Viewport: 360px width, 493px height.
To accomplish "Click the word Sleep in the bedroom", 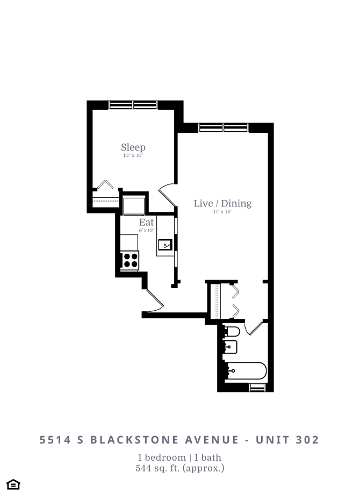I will [133, 147].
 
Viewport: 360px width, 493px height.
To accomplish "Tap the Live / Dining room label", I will [222, 203].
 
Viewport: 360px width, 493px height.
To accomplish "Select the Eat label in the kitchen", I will [146, 222].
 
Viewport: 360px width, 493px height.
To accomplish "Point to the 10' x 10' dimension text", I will [133, 156].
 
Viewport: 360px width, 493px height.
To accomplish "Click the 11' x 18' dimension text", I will [222, 212].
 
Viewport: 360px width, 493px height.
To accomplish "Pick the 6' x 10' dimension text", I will [146, 230].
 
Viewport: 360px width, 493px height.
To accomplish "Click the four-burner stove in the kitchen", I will [130, 260].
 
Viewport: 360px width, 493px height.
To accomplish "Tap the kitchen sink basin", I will [165, 245].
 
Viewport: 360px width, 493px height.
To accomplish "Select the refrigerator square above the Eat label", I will [133, 206].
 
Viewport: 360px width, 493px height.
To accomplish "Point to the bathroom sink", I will [231, 347].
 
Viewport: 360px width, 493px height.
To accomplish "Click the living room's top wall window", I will [222, 127].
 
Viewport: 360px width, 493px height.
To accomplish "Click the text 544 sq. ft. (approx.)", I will [180, 468].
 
